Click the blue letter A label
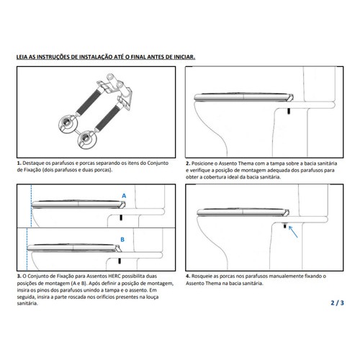pos(124,196)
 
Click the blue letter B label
pos(122,240)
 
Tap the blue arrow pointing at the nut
pos(293,232)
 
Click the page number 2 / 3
pos(337,303)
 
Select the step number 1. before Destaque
pos(19,163)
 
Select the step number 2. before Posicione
pos(188,163)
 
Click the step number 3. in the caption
pos(19,276)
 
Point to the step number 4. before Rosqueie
pos(188,276)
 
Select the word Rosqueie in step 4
pos(202,276)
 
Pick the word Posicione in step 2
pos(202,163)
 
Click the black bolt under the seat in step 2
pos(289,111)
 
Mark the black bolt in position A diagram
pos(120,217)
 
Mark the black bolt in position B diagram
pos(119,261)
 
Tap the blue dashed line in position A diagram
pos(31,206)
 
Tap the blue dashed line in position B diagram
pos(27,249)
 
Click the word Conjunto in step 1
pos(158,163)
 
